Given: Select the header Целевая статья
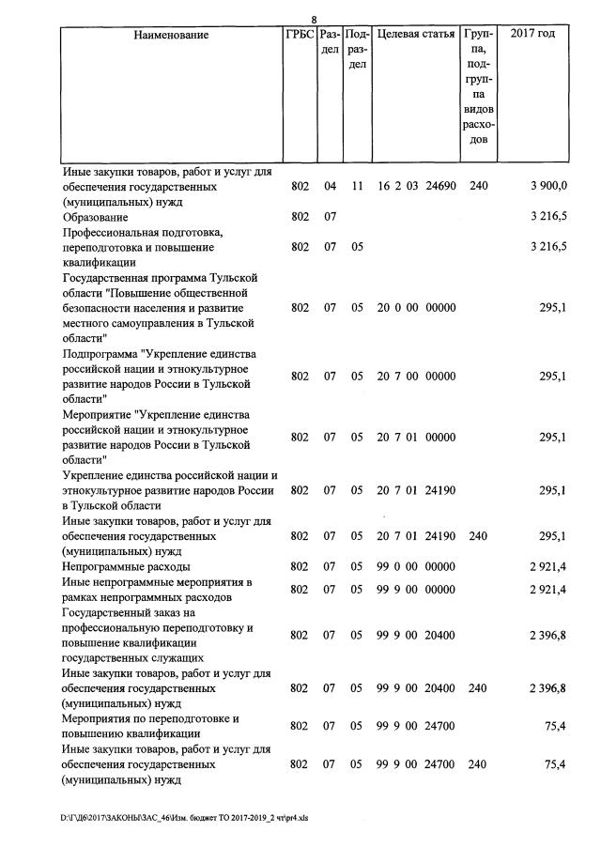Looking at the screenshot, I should click(416, 35).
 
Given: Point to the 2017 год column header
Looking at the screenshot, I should click(532, 35).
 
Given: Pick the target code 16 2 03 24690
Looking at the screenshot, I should click(416, 187).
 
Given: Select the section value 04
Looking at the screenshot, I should click(329, 187).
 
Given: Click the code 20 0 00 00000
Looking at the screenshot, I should click(416, 308).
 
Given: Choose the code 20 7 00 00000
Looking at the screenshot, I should click(416, 377).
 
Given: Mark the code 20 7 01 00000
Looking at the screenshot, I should click(416, 438).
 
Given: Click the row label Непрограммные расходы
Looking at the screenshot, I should click(126, 567).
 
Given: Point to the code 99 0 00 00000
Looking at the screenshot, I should click(416, 567).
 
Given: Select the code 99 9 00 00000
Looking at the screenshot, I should click(416, 590).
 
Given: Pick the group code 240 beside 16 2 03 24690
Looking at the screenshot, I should click(478, 187).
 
